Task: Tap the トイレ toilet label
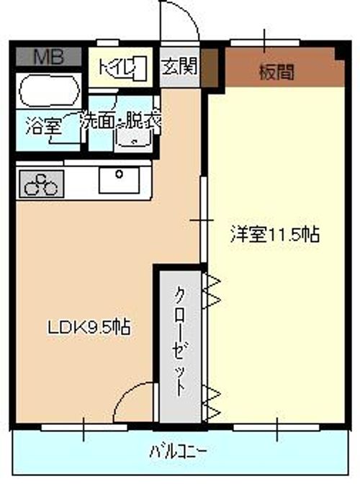[117, 68]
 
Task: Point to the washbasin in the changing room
[131, 144]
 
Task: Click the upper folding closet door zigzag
[214, 291]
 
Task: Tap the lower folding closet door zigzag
[214, 403]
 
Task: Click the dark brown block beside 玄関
[209, 68]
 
